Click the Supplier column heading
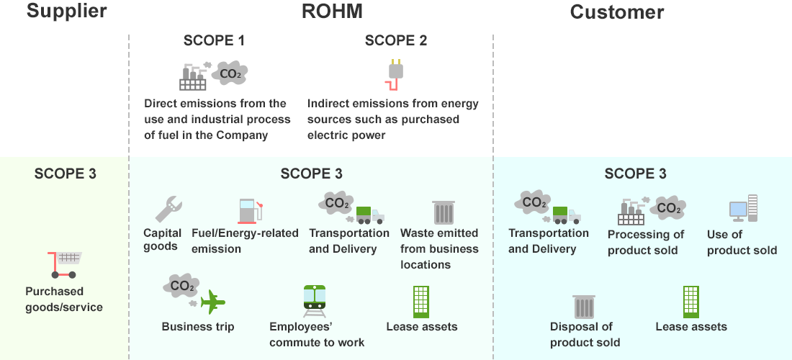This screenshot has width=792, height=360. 66,12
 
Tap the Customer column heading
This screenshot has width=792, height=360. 616,12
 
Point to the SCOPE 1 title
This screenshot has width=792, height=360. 214,41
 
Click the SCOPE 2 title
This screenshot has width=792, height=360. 396,41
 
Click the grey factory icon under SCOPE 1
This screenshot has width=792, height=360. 193,76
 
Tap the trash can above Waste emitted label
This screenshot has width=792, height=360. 443,212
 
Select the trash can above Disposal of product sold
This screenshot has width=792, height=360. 584,306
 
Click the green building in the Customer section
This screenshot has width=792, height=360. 690,302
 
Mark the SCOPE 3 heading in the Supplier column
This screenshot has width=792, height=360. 65,174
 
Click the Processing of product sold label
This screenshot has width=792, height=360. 646,242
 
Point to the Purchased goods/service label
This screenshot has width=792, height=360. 64,300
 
